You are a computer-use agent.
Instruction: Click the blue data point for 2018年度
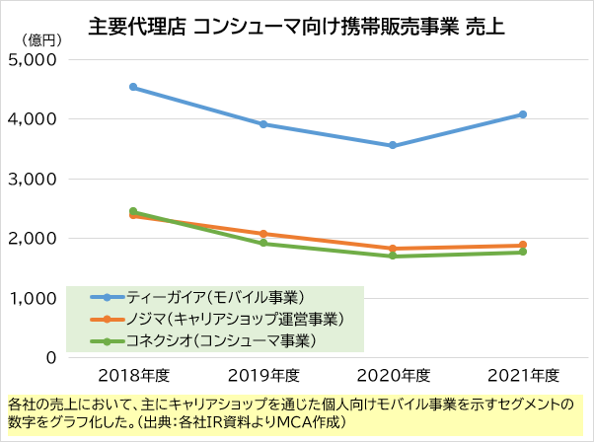click(133, 87)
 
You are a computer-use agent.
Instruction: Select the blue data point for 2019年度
click(263, 124)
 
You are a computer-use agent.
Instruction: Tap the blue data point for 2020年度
click(393, 145)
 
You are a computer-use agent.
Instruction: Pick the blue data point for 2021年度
click(523, 114)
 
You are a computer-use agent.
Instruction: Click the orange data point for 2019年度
click(263, 234)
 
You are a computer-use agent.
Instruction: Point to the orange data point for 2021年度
click(523, 245)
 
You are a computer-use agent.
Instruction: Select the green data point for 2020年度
click(393, 256)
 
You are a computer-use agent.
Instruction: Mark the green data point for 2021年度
click(523, 252)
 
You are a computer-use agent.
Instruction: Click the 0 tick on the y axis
click(49, 358)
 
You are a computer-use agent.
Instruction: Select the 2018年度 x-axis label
click(133, 375)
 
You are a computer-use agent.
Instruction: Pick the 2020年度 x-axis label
click(393, 375)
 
